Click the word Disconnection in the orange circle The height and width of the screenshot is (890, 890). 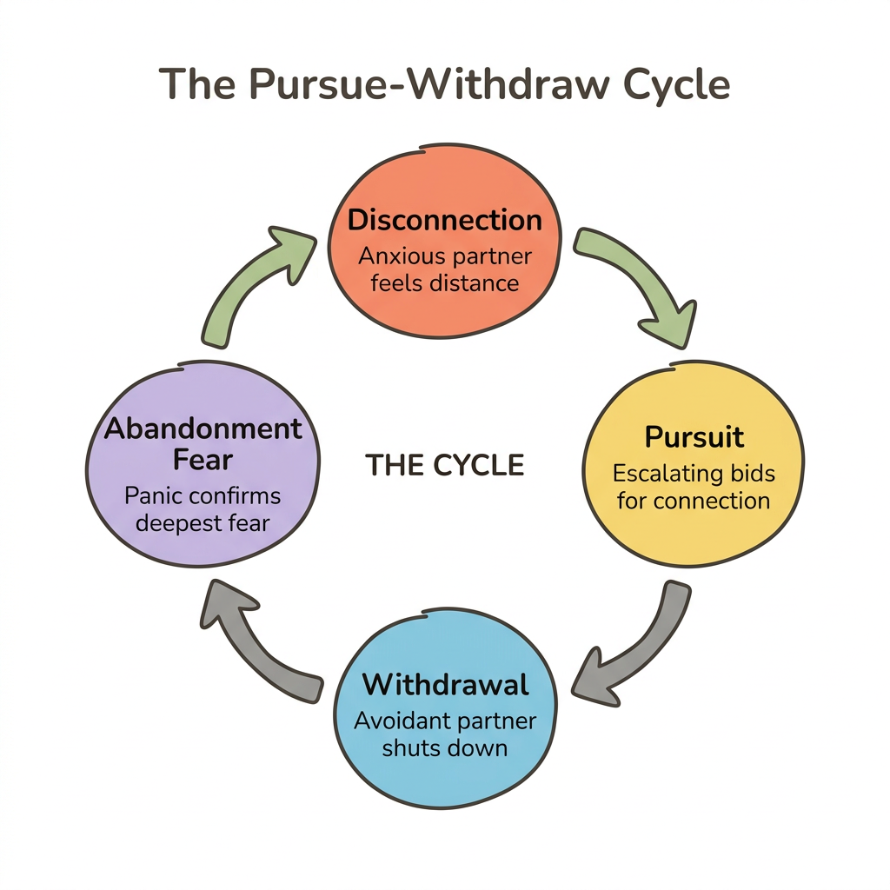coord(444,220)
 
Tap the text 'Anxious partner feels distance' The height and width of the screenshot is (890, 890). coord(444,270)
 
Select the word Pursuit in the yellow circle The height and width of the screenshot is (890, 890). coord(694,436)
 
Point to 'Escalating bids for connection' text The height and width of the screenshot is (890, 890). coord(694,488)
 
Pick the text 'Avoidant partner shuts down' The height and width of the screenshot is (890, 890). coord(445,734)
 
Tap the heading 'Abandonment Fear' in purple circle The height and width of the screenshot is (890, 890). coord(203,444)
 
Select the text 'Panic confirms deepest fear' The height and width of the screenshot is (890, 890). coord(203,509)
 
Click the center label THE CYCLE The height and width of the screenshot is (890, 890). coord(444,466)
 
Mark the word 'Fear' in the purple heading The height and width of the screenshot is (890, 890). coord(203,460)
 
